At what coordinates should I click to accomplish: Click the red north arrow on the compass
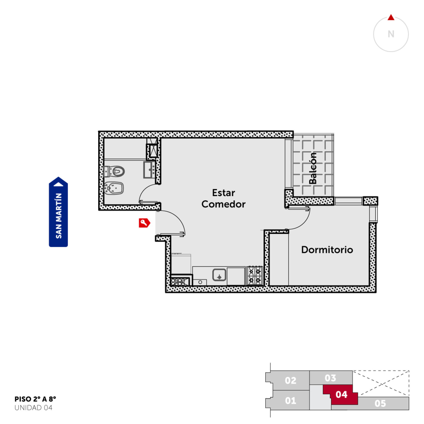391,17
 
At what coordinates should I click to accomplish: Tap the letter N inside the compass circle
391,34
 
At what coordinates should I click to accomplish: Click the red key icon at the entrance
144,223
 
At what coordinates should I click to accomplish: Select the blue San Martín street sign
58,212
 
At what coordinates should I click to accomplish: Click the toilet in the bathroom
114,171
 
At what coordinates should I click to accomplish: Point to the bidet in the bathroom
114,188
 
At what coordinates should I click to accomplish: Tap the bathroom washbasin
149,170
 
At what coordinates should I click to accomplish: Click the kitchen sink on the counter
219,275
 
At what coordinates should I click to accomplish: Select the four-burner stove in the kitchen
254,276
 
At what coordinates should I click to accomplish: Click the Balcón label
313,168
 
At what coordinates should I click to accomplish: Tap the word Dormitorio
327,250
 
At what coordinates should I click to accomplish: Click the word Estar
223,193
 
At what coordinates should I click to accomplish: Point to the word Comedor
223,204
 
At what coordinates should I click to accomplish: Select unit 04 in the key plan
341,395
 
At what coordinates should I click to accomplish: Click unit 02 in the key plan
290,380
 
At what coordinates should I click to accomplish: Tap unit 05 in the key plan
380,403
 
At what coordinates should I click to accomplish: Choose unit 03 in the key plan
331,378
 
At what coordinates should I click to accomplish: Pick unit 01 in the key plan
290,400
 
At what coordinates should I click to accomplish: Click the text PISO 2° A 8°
35,399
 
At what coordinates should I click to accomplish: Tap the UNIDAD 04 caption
33,408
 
